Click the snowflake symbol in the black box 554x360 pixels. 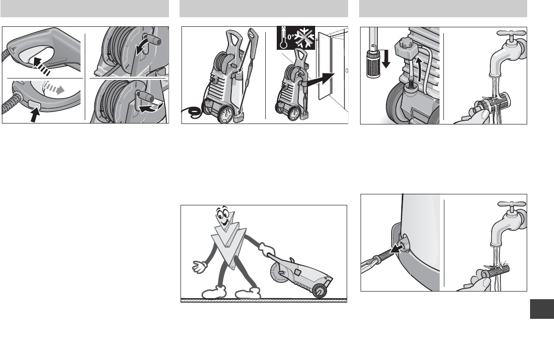[305, 37]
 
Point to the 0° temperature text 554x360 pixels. [291, 37]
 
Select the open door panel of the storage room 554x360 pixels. [325, 66]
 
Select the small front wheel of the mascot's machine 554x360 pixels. [319, 291]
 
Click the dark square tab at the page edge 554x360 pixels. [542, 309]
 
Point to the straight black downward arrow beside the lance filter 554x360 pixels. [386, 59]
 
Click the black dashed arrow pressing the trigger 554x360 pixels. [42, 66]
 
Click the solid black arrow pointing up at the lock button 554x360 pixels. [34, 114]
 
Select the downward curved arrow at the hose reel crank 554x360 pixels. [143, 47]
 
